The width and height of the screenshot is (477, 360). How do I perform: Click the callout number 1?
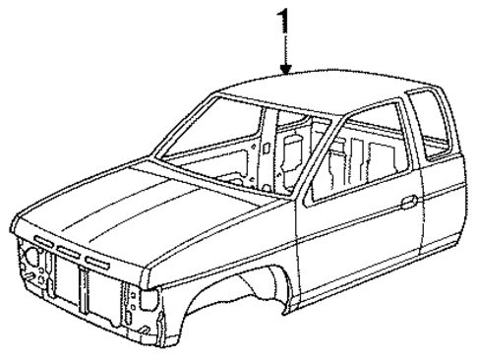point(285,20)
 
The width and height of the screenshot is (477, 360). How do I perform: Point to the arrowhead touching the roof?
point(285,70)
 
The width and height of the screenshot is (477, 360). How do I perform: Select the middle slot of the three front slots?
point(69,251)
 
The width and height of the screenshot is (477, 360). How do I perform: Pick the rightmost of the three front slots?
point(97,260)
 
